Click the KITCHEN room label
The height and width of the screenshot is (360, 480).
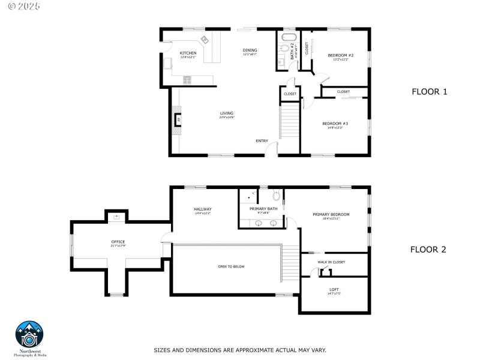tap(188, 53)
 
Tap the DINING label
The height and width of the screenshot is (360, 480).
tap(250, 50)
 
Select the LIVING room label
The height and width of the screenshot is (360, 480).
tap(226, 113)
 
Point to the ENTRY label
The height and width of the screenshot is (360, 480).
tap(262, 141)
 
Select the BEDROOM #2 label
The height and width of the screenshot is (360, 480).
tap(340, 56)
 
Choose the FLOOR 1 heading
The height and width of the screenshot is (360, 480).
tap(429, 92)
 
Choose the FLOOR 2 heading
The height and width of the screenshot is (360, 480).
tap(428, 250)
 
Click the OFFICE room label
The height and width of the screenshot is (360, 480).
tap(118, 242)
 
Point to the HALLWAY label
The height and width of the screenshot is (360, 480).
tap(203, 209)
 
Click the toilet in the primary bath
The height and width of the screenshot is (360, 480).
tap(276, 195)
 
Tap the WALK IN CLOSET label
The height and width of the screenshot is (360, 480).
tap(331, 262)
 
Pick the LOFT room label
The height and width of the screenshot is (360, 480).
tap(334, 290)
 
